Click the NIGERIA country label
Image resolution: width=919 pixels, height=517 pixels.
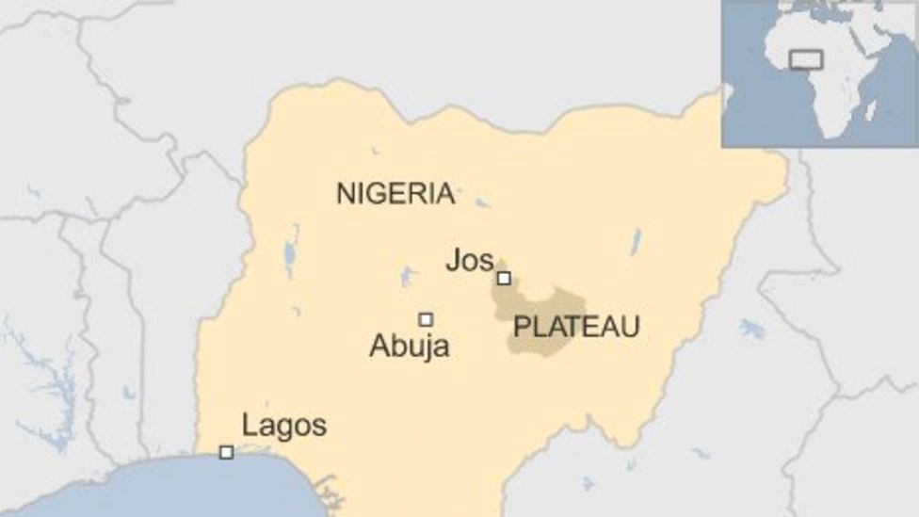(395, 194)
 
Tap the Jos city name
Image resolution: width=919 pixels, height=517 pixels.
(469, 261)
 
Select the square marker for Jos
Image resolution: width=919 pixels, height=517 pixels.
(504, 278)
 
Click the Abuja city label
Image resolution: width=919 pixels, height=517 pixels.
(409, 347)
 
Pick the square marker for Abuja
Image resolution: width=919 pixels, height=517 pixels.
(426, 319)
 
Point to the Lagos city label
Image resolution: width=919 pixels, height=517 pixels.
(284, 426)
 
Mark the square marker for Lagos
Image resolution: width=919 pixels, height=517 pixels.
(226, 452)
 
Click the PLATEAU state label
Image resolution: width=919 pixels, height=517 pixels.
(576, 327)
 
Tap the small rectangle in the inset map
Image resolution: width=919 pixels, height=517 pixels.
(805, 59)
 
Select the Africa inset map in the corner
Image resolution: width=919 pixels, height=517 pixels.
(819, 73)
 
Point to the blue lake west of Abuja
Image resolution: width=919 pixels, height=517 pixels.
(407, 276)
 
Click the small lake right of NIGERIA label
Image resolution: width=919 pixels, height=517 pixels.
(482, 202)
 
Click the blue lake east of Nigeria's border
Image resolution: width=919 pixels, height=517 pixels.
(751, 329)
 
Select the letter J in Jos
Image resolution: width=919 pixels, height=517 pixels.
(454, 261)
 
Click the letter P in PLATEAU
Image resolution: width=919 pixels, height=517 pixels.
(521, 327)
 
